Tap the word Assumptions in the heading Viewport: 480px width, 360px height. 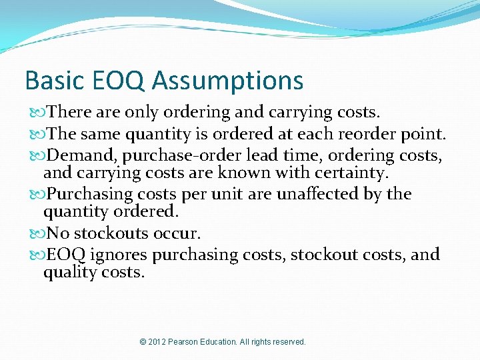pos(227,81)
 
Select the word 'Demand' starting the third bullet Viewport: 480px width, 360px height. pos(84,155)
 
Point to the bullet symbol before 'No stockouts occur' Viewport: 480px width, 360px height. pos(35,234)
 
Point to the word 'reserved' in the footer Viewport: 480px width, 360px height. pos(288,342)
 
